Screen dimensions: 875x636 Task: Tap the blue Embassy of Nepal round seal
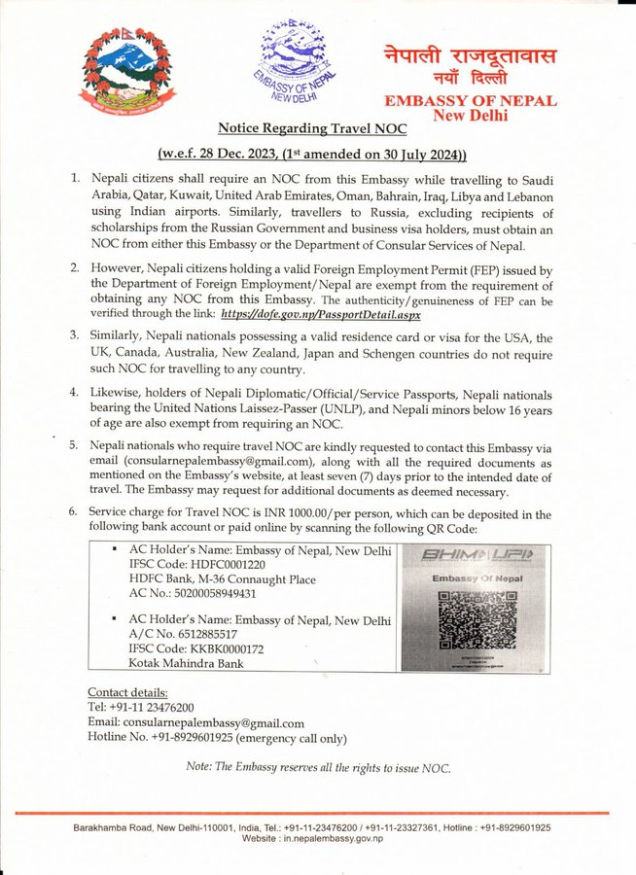pyautogui.click(x=292, y=61)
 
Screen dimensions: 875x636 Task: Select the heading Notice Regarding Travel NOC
pyautogui.click(x=311, y=127)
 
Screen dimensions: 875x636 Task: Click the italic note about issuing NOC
pyautogui.click(x=318, y=767)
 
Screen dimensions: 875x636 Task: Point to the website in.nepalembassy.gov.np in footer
pyautogui.click(x=317, y=838)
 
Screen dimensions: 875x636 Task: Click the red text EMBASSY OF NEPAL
pyautogui.click(x=471, y=100)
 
